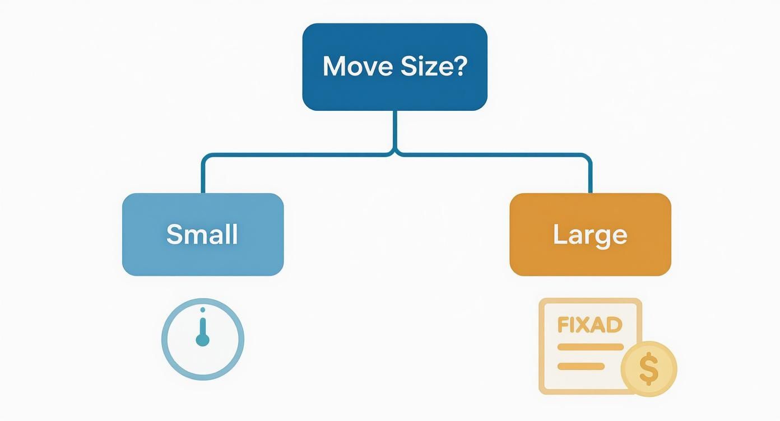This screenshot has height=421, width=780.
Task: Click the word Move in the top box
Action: coord(357,66)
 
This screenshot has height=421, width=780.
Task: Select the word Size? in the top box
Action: coord(434,66)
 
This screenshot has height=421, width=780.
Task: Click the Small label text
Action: coord(202,234)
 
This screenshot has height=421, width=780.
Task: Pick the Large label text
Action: coord(590,236)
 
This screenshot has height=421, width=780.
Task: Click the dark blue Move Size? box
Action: coord(395,67)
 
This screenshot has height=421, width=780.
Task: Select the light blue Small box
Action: coord(203,235)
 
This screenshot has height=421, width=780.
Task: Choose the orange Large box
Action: coord(591,235)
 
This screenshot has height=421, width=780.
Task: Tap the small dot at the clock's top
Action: coord(203,310)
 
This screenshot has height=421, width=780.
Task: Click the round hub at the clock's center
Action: coord(203,340)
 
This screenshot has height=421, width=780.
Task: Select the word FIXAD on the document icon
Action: coord(590,325)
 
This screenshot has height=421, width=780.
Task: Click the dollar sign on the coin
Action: coord(649,369)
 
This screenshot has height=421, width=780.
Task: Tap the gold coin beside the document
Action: coord(649,369)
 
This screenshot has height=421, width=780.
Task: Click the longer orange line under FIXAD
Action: coord(591,347)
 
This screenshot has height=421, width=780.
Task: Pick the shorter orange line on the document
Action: coord(581,366)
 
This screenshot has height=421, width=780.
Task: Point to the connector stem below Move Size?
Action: coord(395,130)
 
